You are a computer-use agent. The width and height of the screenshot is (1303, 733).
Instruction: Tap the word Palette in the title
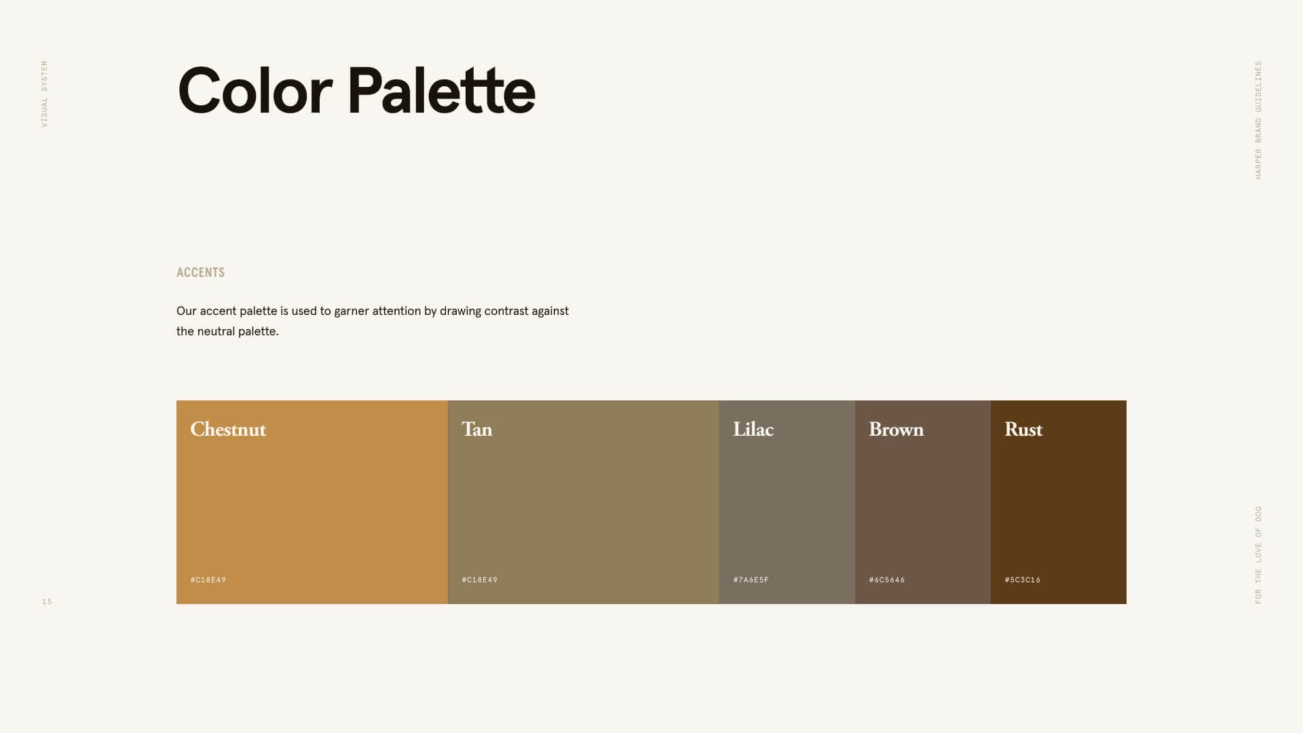coord(441,92)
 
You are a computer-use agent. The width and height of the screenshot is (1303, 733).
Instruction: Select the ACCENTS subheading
coord(200,273)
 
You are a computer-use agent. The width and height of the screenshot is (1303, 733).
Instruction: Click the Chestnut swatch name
coord(228,430)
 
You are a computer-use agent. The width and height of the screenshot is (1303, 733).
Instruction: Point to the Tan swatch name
coord(476,430)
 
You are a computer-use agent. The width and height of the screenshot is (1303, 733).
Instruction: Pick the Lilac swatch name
coord(753,430)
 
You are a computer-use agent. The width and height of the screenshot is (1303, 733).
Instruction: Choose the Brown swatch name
coord(896,430)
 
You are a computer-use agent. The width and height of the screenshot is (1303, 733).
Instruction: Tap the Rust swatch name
coord(1023,430)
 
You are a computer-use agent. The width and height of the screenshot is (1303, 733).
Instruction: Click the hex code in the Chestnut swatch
coord(208,580)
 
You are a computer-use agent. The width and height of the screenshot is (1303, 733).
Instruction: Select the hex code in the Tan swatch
coord(480,580)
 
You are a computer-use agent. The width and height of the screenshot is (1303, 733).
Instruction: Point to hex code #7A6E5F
coord(751,580)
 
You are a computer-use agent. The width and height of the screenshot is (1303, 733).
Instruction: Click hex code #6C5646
coord(887,580)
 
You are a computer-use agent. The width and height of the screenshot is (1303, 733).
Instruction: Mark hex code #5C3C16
coord(1023,580)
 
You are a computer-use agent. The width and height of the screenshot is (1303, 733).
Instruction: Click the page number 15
coord(47,602)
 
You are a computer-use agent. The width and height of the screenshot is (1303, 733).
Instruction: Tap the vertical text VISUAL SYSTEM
coord(45,94)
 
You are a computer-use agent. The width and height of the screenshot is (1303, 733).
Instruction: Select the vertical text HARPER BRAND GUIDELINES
coord(1258,120)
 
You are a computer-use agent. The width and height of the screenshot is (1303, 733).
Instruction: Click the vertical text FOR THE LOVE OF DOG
coord(1258,555)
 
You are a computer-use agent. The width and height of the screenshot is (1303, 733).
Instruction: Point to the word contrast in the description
coord(506,312)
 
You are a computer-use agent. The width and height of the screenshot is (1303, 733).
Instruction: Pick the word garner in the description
coord(352,312)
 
